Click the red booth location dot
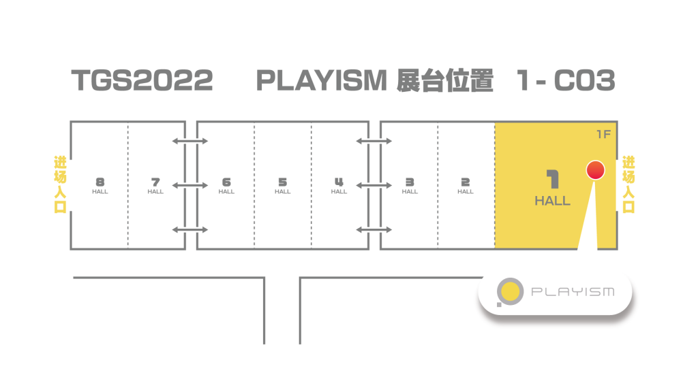(595, 170)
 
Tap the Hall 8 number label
(100, 182)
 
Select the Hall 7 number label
(155, 182)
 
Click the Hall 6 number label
(226, 182)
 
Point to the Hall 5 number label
(283, 182)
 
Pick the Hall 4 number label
(339, 182)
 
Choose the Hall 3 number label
(410, 182)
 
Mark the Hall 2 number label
(465, 182)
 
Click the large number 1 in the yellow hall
(552, 179)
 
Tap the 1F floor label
(603, 134)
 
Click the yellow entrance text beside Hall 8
(60, 184)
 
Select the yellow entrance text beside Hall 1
(628, 184)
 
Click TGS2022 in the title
(142, 80)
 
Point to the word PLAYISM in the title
(322, 80)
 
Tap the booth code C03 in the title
(584, 80)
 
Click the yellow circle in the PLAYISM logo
(510, 291)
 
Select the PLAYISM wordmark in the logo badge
(573, 291)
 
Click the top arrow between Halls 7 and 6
(190, 141)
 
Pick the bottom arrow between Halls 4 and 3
(374, 230)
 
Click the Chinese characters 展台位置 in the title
(444, 80)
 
